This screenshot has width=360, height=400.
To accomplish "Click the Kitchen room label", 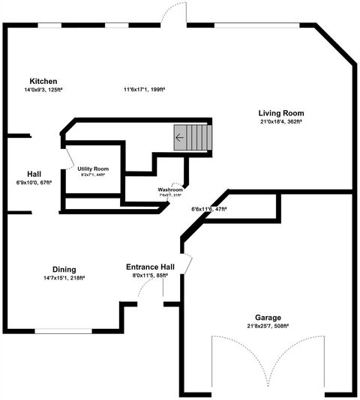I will (43, 81).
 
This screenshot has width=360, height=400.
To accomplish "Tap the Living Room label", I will (281, 112).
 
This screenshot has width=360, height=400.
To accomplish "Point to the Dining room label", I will (64, 270).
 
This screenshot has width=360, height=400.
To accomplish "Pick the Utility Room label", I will (93, 169).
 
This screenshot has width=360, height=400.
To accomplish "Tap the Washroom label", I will (170, 190).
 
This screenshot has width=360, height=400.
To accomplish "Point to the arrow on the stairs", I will (179, 138).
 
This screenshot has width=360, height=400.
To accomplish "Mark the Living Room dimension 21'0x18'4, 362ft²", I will (281, 121).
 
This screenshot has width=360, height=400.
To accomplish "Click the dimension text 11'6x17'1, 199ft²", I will (145, 90).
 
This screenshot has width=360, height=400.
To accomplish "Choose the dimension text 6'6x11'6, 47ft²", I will (209, 209).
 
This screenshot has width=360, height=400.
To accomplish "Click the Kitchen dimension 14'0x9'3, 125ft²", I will (43, 90).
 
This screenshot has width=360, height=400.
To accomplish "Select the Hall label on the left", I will (34, 173).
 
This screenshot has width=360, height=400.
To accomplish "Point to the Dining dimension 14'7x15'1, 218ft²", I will (64, 278).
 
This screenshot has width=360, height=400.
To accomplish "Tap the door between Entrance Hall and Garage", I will (188, 264).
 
